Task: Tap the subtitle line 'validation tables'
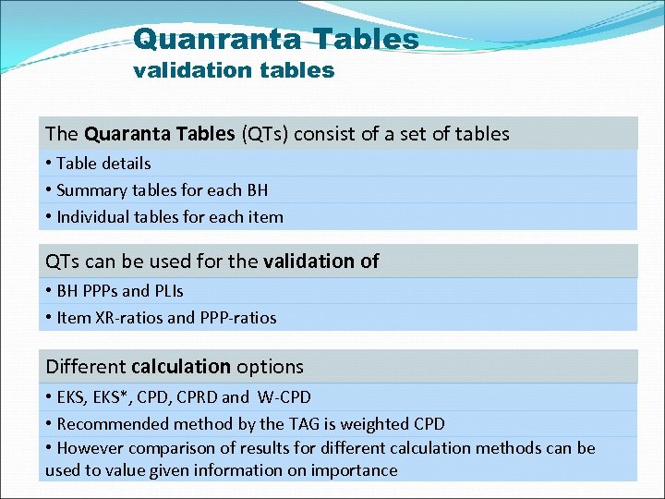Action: [x=234, y=70]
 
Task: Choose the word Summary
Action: [x=91, y=190]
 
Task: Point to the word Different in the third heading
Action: [x=86, y=367]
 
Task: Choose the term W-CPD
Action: [x=282, y=397]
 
